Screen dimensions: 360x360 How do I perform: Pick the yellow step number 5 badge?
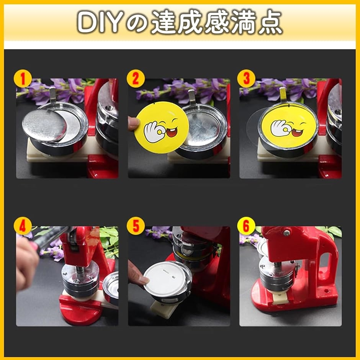pyautogui.click(x=136, y=226)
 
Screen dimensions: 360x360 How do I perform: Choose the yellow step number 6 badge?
pyautogui.click(x=246, y=226)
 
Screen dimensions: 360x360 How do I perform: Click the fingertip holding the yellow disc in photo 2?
pyautogui.click(x=133, y=124)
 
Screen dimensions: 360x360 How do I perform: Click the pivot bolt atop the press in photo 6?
pyautogui.click(x=286, y=233)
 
